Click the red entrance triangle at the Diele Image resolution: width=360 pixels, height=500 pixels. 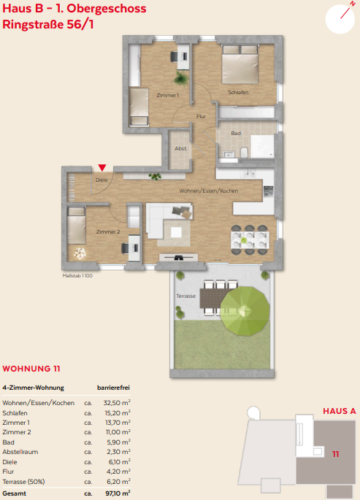pyautogui.click(x=102, y=168)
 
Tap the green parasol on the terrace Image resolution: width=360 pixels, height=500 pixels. pyautogui.click(x=245, y=311)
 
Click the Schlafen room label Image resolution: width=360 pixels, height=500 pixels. pyautogui.click(x=238, y=92)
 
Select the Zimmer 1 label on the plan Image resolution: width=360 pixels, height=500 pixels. pyautogui.click(x=168, y=95)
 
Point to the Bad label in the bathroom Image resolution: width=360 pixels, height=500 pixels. pyautogui.click(x=236, y=133)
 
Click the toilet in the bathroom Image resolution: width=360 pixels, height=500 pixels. pyautogui.click(x=244, y=153)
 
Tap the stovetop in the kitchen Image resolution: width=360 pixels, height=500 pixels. pyautogui.click(x=268, y=191)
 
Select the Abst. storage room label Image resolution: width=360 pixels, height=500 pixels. pyautogui.click(x=181, y=149)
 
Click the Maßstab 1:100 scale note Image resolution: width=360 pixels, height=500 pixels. pyautogui.click(x=77, y=275)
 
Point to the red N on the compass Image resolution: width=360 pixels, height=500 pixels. pyautogui.click(x=353, y=4)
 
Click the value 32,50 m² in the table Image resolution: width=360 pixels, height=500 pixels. pyautogui.click(x=117, y=403)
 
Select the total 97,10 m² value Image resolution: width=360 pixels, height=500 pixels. pyautogui.click(x=118, y=493)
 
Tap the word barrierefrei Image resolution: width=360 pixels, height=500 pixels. pyautogui.click(x=113, y=388)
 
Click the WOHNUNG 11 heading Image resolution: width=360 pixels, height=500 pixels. pyautogui.click(x=31, y=369)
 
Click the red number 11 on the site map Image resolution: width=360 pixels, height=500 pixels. pyautogui.click(x=335, y=454)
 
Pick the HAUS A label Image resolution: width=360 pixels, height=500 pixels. pyautogui.click(x=340, y=411)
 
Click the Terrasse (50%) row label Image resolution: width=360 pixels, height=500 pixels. pyautogui.click(x=23, y=482)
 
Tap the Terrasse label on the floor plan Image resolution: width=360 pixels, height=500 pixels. pyautogui.click(x=186, y=296)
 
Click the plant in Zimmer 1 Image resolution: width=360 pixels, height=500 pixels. pyautogui.click(x=181, y=78)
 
